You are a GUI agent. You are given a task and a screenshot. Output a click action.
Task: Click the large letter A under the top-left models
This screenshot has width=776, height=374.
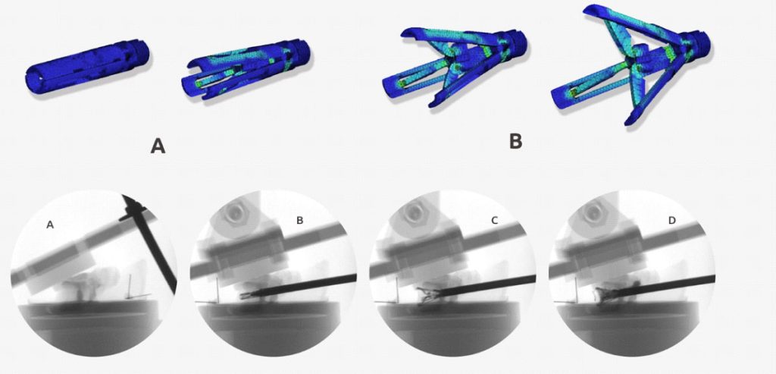[x=158, y=146]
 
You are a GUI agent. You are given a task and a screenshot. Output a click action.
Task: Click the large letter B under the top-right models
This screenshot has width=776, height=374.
[x=515, y=141]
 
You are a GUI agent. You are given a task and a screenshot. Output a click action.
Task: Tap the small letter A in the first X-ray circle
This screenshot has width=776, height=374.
[x=49, y=225]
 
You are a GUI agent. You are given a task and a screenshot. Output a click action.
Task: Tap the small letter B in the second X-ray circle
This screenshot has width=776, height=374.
[x=299, y=221]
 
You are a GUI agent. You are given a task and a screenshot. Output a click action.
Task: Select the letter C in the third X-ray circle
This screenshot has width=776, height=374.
[x=494, y=221]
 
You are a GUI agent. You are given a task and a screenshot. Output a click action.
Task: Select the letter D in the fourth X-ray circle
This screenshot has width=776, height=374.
[x=671, y=221]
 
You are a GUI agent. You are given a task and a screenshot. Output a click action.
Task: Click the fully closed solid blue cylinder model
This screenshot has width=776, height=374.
[x=88, y=67]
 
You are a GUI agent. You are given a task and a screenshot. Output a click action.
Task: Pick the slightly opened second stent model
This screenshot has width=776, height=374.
[x=246, y=68]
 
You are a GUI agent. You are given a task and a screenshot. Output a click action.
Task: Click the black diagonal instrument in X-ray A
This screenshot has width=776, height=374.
[x=149, y=243]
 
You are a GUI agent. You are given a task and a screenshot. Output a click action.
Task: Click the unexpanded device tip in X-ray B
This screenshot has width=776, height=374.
[x=246, y=296]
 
